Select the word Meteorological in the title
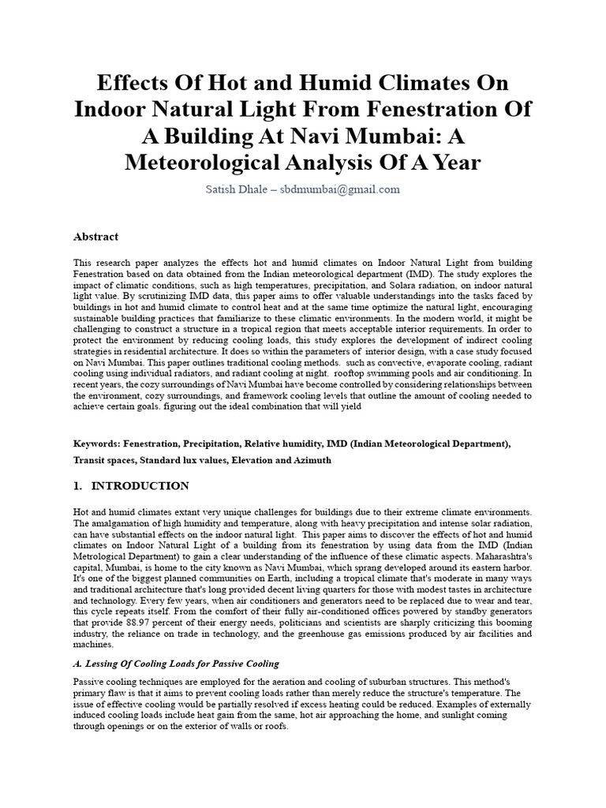[x=215, y=163]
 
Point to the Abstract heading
[x=95, y=236]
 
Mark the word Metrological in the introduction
[x=103, y=556]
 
